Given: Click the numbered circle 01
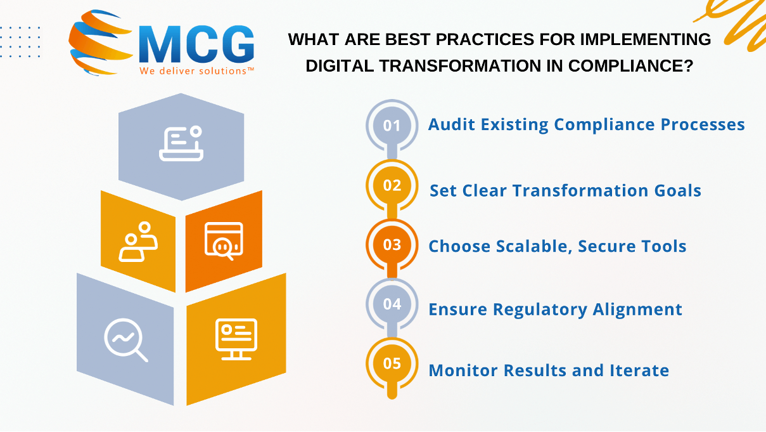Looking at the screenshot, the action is click(392, 126).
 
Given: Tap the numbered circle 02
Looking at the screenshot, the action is click(392, 185).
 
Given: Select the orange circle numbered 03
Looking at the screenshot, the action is click(392, 245).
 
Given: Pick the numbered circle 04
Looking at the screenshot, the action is click(392, 304).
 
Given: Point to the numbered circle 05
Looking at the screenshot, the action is click(392, 363).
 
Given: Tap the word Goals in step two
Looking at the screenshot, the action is click(677, 191).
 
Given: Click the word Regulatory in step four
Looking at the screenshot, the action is click(540, 310).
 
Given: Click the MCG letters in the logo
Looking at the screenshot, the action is click(196, 44).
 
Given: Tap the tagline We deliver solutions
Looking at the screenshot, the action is click(196, 71).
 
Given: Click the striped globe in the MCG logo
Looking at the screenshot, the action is click(100, 42).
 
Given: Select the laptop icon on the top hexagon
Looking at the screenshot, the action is click(181, 143).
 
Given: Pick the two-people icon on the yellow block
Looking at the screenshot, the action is click(138, 242).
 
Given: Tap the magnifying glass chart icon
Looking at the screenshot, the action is click(126, 340).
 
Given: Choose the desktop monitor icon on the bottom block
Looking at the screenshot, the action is click(236, 339).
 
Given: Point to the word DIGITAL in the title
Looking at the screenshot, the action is click(340, 66).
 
